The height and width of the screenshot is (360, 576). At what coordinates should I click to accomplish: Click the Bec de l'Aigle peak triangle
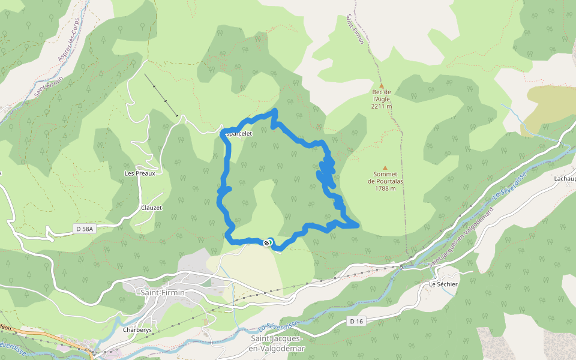(381, 85)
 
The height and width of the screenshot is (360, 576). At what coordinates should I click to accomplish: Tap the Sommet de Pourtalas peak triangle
(385, 169)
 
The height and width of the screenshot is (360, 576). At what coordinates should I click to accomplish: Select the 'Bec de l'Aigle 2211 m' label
(382, 99)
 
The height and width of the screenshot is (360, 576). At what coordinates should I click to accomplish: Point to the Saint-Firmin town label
(162, 293)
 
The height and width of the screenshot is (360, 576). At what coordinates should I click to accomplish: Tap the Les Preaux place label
(140, 173)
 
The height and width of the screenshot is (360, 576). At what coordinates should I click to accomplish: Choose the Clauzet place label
(151, 208)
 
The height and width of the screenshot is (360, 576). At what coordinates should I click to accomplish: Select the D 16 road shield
(356, 322)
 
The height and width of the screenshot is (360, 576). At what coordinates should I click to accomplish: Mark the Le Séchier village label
(443, 284)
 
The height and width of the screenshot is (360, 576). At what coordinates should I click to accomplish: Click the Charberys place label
(136, 330)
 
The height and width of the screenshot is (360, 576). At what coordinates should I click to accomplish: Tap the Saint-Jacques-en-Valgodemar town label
(277, 344)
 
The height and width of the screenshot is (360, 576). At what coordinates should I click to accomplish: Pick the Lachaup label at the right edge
(565, 179)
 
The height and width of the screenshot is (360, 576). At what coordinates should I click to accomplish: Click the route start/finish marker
(268, 242)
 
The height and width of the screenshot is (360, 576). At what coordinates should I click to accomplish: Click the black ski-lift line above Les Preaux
(161, 95)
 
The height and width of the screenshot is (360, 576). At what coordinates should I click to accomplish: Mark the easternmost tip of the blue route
(358, 225)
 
